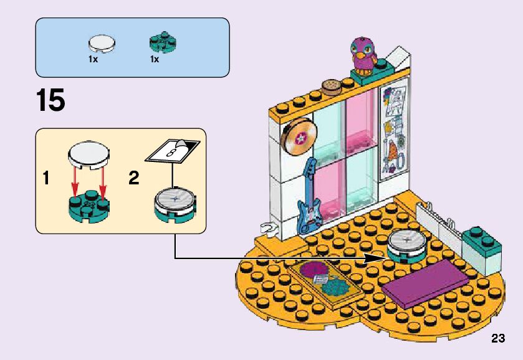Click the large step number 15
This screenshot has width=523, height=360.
[x=50, y=101]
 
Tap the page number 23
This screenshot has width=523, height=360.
[x=497, y=339]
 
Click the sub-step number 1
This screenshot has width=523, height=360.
[x=46, y=179]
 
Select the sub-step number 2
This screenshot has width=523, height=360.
[x=133, y=179]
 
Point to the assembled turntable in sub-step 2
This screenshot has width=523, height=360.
[x=175, y=204]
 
